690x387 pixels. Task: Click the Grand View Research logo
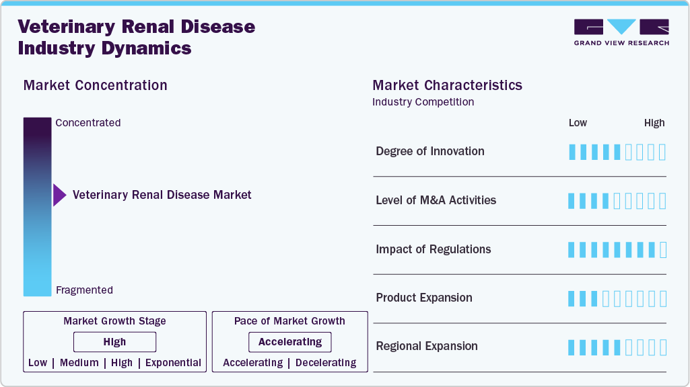[621, 32]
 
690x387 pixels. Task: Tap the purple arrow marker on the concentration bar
[59, 195]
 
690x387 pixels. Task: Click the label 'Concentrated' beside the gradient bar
[88, 123]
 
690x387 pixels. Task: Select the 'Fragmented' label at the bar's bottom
[84, 290]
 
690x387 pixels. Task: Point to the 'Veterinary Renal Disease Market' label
[162, 195]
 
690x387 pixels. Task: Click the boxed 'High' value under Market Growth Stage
[114, 342]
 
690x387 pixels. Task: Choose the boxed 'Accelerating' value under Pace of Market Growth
[290, 342]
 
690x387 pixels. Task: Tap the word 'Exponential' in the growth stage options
[174, 363]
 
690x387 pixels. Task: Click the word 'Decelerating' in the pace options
[326, 363]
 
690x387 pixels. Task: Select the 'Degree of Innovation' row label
[429, 151]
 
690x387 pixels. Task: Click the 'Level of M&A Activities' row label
[436, 200]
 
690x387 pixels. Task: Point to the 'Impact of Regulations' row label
[433, 249]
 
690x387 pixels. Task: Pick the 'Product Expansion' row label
[423, 298]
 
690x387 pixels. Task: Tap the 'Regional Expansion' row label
[427, 347]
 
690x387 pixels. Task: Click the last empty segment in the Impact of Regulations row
[662, 250]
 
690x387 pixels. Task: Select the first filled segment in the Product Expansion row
[572, 298]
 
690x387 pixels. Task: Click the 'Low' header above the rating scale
[578, 123]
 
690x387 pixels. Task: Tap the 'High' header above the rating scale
[654, 123]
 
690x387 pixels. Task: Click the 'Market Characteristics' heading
[447, 85]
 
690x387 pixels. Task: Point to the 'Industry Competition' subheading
[423, 102]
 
